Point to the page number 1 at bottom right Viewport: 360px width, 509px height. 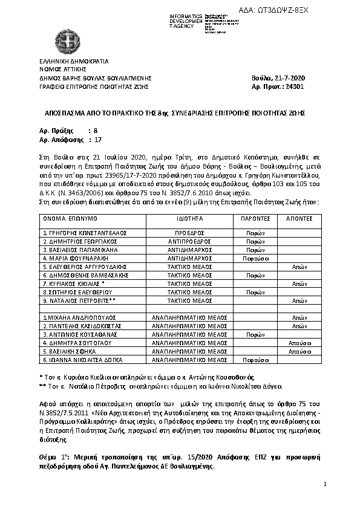point(325,484)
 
